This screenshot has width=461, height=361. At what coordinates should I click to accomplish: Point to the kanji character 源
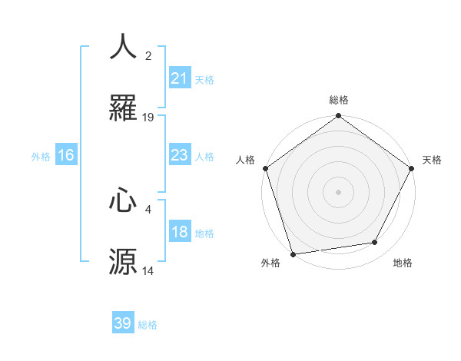click(123, 262)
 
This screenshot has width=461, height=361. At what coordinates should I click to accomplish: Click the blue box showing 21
click(179, 78)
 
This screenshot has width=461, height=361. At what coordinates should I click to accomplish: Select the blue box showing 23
click(179, 155)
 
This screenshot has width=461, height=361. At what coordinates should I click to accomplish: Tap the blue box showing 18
click(179, 233)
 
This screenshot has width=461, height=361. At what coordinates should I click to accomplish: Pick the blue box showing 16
click(66, 155)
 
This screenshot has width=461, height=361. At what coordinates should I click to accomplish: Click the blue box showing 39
click(123, 323)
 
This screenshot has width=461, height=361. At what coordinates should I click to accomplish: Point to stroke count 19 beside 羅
click(148, 118)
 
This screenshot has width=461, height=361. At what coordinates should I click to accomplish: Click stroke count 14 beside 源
click(148, 271)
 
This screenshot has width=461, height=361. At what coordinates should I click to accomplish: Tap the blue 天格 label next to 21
click(204, 79)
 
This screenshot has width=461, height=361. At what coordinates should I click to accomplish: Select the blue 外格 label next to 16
click(41, 157)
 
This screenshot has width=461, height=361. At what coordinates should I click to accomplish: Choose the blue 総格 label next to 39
click(148, 325)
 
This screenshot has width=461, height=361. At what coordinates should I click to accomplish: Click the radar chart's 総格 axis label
click(339, 100)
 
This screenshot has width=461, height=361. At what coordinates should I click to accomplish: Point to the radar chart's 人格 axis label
click(246, 159)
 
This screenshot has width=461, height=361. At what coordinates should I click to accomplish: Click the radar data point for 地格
click(375, 243)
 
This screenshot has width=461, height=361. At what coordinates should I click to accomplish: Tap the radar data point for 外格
click(293, 253)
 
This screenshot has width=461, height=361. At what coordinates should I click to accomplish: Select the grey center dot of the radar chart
click(339, 191)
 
